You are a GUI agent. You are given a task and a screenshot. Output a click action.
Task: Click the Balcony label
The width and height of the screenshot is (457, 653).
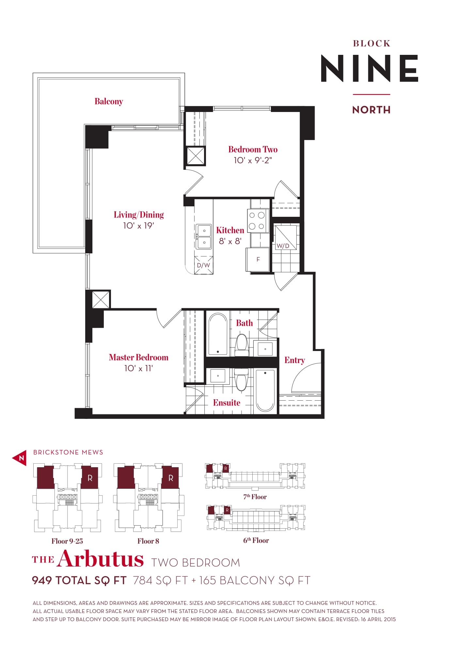(x=109, y=102)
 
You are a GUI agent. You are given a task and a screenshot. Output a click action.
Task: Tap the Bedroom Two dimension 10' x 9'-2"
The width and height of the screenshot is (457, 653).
(x=253, y=160)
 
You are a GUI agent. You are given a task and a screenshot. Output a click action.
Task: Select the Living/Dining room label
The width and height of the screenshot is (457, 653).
(x=139, y=215)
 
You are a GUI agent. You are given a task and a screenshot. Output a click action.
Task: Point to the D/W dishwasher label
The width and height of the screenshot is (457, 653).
(x=203, y=265)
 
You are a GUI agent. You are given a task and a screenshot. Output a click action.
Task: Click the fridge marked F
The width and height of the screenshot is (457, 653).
(x=258, y=260)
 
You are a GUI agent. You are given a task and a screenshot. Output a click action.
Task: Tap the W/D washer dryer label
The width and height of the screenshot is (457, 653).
(x=283, y=246)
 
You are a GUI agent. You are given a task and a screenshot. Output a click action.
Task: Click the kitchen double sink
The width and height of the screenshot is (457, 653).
(x=204, y=237)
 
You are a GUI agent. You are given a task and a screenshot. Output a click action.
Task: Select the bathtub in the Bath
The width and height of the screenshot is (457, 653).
(x=218, y=334)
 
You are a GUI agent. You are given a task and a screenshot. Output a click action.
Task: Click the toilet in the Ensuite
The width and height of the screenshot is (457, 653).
(x=242, y=379)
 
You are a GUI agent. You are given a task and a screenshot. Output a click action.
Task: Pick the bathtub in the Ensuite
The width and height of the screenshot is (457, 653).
(x=265, y=390)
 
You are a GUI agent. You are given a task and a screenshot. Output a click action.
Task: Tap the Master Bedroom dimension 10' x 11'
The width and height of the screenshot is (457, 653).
(x=139, y=368)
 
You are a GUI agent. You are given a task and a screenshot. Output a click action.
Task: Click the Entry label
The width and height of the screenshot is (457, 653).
(x=295, y=360)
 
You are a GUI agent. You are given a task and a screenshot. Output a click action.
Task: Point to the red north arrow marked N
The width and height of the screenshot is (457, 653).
(x=20, y=458)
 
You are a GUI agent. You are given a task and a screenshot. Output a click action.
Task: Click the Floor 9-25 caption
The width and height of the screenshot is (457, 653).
(x=67, y=541)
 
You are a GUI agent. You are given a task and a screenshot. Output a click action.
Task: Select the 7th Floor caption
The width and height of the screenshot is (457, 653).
(x=255, y=497)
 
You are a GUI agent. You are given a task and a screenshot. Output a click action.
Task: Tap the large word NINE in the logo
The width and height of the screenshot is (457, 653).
(x=370, y=68)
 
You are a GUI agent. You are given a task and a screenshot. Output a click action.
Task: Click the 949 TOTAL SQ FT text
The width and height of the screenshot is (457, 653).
(x=79, y=580)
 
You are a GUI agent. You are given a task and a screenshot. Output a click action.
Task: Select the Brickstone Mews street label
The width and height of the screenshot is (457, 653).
(x=68, y=452)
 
